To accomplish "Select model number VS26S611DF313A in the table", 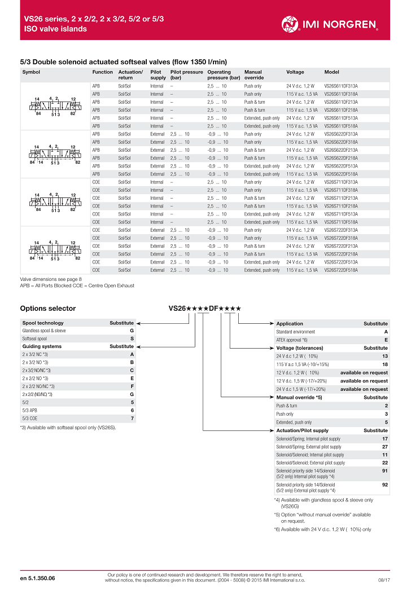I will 341,86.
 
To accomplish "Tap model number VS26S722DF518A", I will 341,270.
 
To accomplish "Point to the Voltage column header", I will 295,72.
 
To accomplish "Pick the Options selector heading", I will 47,309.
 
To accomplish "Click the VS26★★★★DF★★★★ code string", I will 205,309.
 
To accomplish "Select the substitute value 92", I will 384,485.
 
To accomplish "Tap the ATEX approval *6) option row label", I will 292,340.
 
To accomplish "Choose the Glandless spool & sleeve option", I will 44,331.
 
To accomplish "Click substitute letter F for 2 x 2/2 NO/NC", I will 132,386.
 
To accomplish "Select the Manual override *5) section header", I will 299,398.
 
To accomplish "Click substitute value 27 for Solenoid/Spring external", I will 384,447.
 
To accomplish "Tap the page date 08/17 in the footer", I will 384,579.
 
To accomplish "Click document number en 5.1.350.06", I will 42,578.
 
